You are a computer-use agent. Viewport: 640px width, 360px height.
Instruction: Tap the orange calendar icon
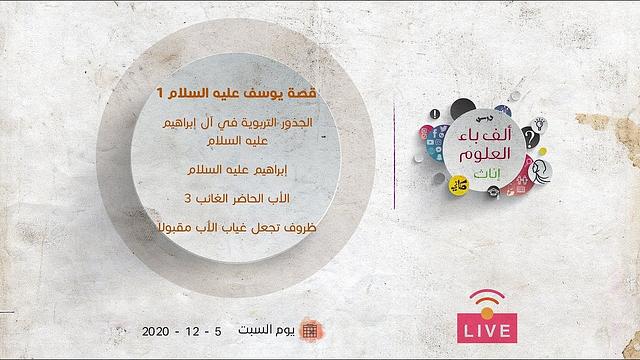coord(310,330)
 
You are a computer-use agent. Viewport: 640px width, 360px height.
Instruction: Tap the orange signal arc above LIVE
coord(487,298)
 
